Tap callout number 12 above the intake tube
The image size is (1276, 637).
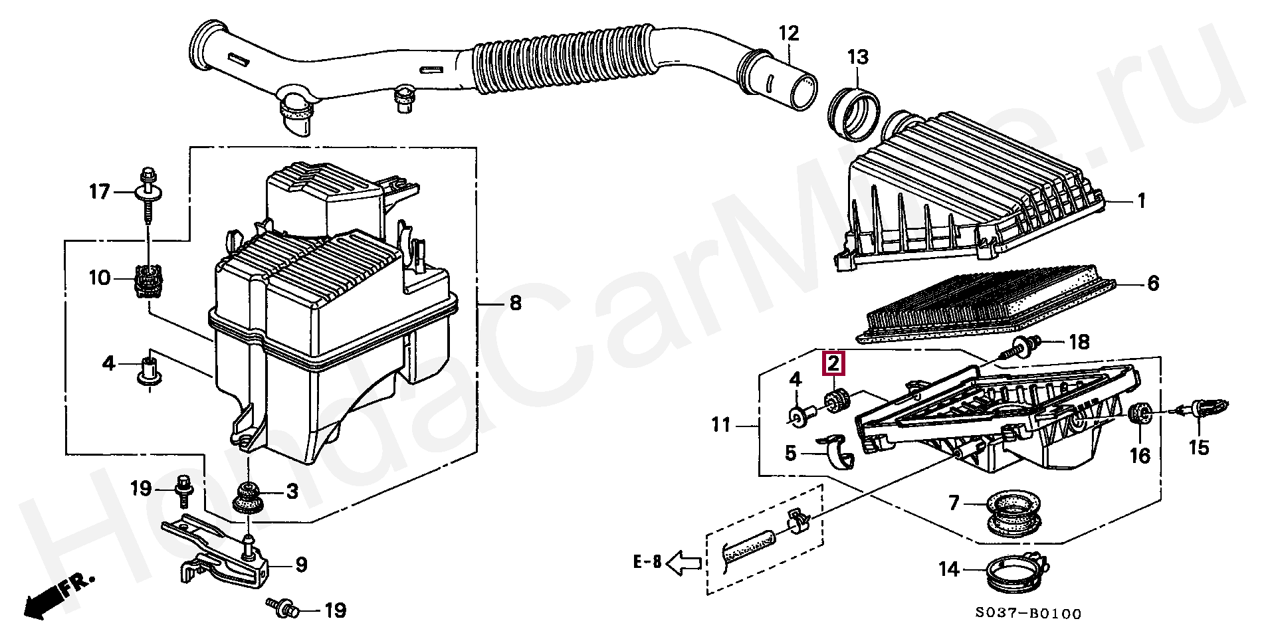[788, 33]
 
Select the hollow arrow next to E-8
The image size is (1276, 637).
[683, 564]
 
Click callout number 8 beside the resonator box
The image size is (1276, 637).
[515, 304]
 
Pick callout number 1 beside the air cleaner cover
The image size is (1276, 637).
[1140, 201]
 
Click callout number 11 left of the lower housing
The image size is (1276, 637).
[722, 424]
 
